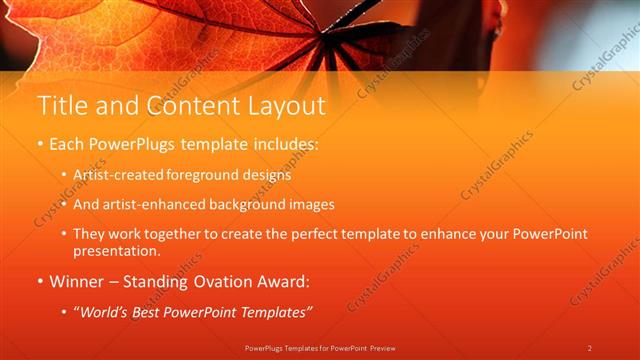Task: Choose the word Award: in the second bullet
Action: click(x=283, y=282)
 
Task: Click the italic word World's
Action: click(x=109, y=313)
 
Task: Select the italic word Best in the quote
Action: click(x=161, y=313)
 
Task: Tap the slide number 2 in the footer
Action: click(x=590, y=347)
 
